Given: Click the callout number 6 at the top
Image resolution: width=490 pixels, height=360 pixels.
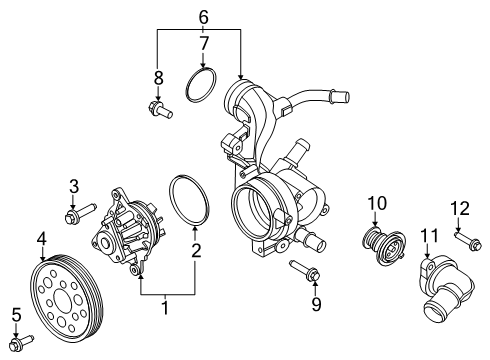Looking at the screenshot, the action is pyautogui.click(x=204, y=17).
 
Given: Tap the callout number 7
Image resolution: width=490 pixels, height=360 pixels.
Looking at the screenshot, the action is pyautogui.click(x=204, y=43).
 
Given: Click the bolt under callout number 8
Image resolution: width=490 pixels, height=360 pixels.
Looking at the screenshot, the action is pyautogui.click(x=160, y=109).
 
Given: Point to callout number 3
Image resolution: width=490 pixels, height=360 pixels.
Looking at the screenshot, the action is pyautogui.click(x=74, y=186).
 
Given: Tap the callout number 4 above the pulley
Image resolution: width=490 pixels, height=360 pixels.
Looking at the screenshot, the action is pyautogui.click(x=42, y=238).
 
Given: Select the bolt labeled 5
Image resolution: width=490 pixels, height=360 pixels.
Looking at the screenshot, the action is pyautogui.click(x=21, y=343).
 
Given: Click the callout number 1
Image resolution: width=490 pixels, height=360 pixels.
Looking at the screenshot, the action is pyautogui.click(x=165, y=308).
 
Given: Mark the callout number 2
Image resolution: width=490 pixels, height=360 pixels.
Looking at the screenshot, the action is pyautogui.click(x=196, y=251).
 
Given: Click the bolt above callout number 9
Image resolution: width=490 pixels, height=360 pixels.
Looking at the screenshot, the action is pyautogui.click(x=304, y=269).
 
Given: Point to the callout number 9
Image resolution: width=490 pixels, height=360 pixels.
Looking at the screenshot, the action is pyautogui.click(x=316, y=304).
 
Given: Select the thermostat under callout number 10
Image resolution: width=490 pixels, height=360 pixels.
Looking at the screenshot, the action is pyautogui.click(x=384, y=245).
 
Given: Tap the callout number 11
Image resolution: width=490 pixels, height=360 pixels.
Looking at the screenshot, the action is pyautogui.click(x=429, y=236).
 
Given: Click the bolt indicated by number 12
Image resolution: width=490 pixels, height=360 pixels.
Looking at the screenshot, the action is pyautogui.click(x=468, y=241).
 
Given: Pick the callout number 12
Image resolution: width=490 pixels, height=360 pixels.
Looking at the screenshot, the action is pyautogui.click(x=460, y=208).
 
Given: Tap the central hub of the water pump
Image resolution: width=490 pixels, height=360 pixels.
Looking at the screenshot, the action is pyautogui.click(x=105, y=244).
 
